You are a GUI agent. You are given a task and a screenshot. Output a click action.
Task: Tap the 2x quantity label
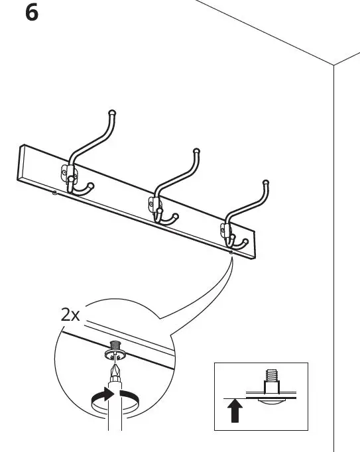(70, 315)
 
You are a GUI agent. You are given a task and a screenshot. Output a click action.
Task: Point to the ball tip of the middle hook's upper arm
(196, 152)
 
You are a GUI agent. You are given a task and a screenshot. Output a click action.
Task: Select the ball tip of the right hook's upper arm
(266, 182)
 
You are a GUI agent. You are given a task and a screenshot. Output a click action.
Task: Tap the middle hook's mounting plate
(154, 205)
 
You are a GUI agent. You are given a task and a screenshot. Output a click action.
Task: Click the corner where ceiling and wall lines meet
(333, 66)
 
